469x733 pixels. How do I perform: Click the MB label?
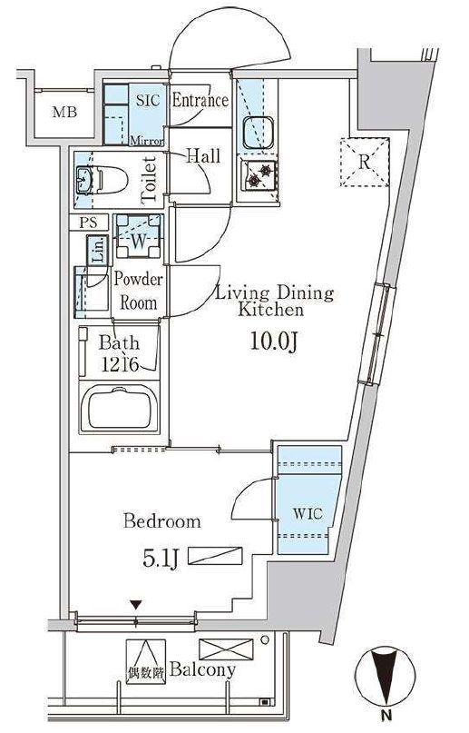point(64,113)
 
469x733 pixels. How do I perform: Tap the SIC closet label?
point(148,100)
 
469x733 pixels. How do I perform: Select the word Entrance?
point(200,100)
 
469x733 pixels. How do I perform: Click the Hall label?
point(203,155)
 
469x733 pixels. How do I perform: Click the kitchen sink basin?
point(258,133)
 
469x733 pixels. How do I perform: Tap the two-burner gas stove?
point(259,174)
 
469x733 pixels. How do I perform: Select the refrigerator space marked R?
point(365,163)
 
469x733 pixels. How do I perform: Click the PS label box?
point(89,223)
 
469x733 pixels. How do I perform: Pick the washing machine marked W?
point(139,236)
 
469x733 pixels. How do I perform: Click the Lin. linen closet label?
point(98,251)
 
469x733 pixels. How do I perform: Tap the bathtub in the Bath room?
point(120,410)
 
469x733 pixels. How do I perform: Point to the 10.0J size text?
point(273,342)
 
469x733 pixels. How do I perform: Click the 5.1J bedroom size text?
point(160,560)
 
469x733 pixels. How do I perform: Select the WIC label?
point(308,514)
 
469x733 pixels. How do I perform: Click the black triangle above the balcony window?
point(136,605)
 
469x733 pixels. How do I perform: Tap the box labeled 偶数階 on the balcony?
point(146,661)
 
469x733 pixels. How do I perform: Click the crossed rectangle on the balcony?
point(226,649)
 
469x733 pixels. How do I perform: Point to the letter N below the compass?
point(386,714)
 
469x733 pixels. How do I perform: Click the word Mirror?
point(147,141)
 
